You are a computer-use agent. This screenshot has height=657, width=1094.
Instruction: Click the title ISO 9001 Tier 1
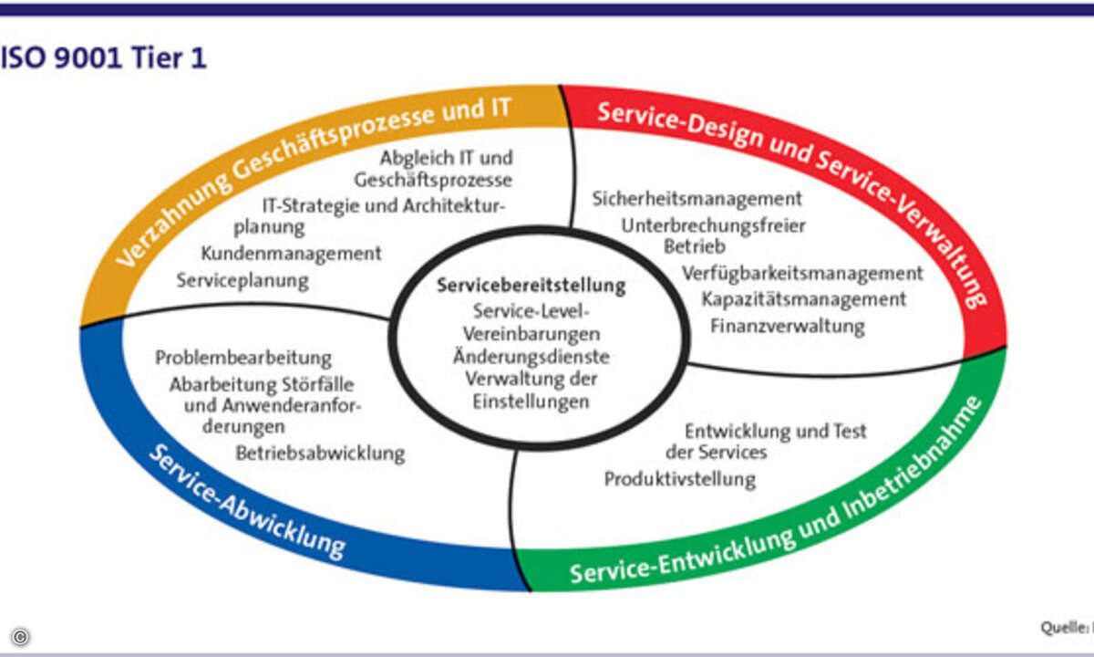click(102, 58)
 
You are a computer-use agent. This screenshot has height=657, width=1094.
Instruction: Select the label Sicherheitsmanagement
click(697, 198)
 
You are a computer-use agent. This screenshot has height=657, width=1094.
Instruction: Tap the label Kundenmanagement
click(291, 253)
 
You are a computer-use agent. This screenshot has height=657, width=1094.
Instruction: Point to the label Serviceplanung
click(243, 280)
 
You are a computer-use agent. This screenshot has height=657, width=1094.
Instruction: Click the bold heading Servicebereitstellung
click(532, 286)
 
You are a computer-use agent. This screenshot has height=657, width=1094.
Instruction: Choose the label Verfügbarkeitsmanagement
click(802, 273)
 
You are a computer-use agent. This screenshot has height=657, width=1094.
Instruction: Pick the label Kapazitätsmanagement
click(803, 298)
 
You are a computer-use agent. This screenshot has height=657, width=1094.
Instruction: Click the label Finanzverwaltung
click(787, 325)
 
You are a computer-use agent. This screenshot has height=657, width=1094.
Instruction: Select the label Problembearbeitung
click(243, 358)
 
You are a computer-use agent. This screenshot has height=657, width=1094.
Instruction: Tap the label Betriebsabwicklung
click(320, 453)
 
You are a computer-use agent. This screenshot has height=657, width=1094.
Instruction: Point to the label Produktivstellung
click(679, 478)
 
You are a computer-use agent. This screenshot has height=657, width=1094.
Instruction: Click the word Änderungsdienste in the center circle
click(532, 357)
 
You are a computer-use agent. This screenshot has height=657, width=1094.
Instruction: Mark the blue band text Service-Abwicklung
click(246, 503)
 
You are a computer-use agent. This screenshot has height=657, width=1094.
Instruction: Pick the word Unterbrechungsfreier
click(714, 224)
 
